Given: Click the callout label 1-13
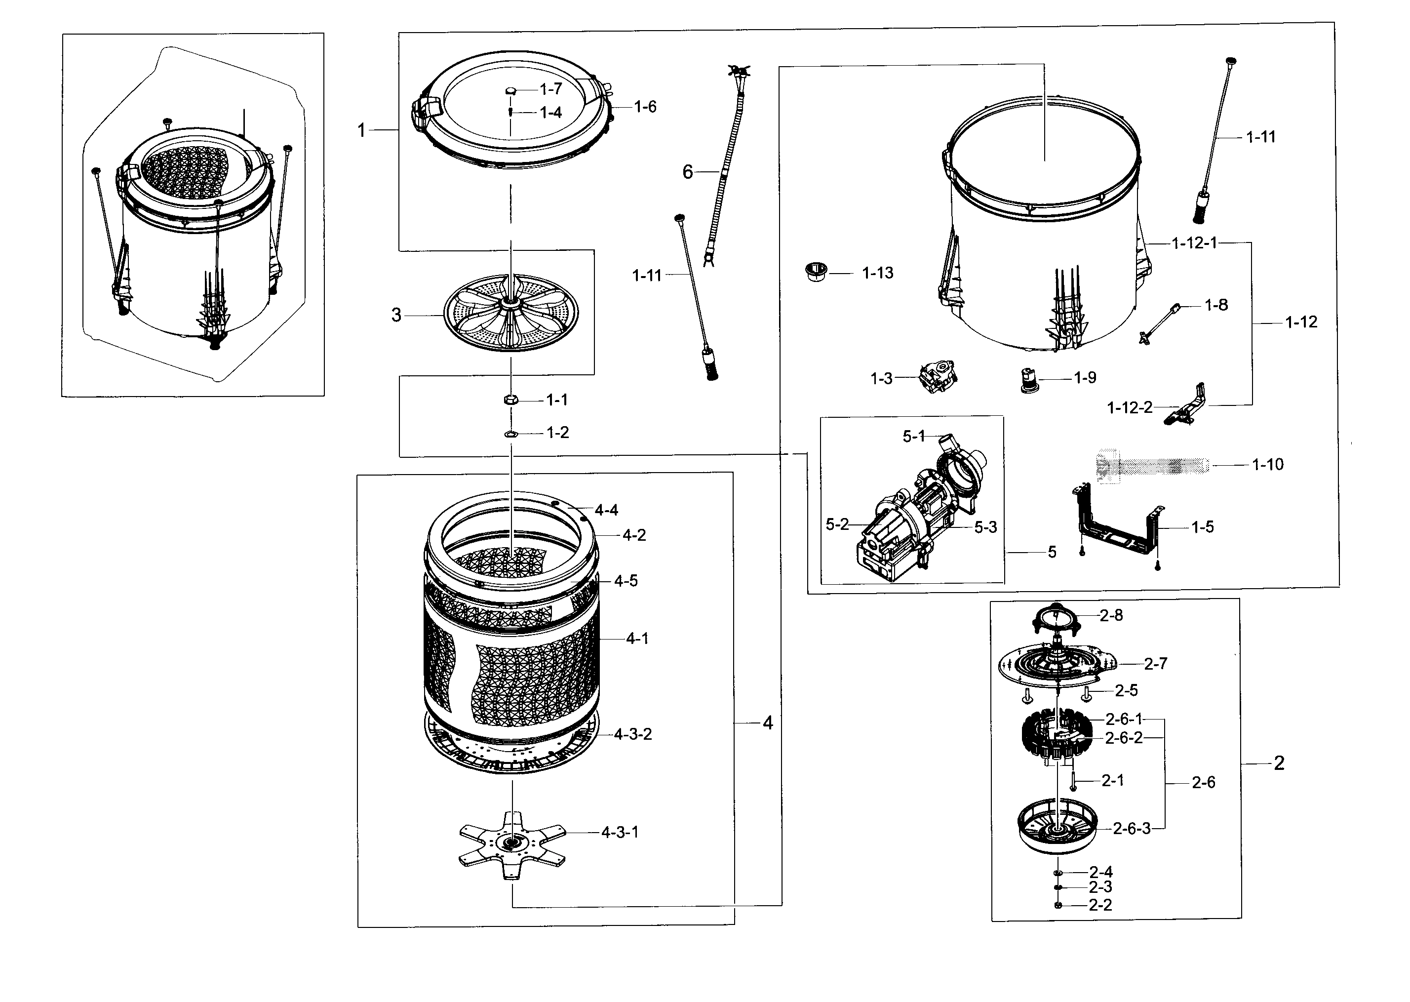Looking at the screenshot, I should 877,273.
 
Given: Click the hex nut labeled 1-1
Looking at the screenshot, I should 510,400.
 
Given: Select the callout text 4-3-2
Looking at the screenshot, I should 633,734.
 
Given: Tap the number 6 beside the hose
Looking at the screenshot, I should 688,172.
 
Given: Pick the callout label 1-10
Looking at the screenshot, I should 1267,465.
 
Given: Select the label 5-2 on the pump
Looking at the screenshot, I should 837,524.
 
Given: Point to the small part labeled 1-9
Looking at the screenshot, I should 1027,381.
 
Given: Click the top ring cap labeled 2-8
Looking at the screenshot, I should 1057,618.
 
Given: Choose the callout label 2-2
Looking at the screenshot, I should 1100,905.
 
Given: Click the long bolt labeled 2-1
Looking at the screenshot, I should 1074,782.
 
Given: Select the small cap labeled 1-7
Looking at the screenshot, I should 510,91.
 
